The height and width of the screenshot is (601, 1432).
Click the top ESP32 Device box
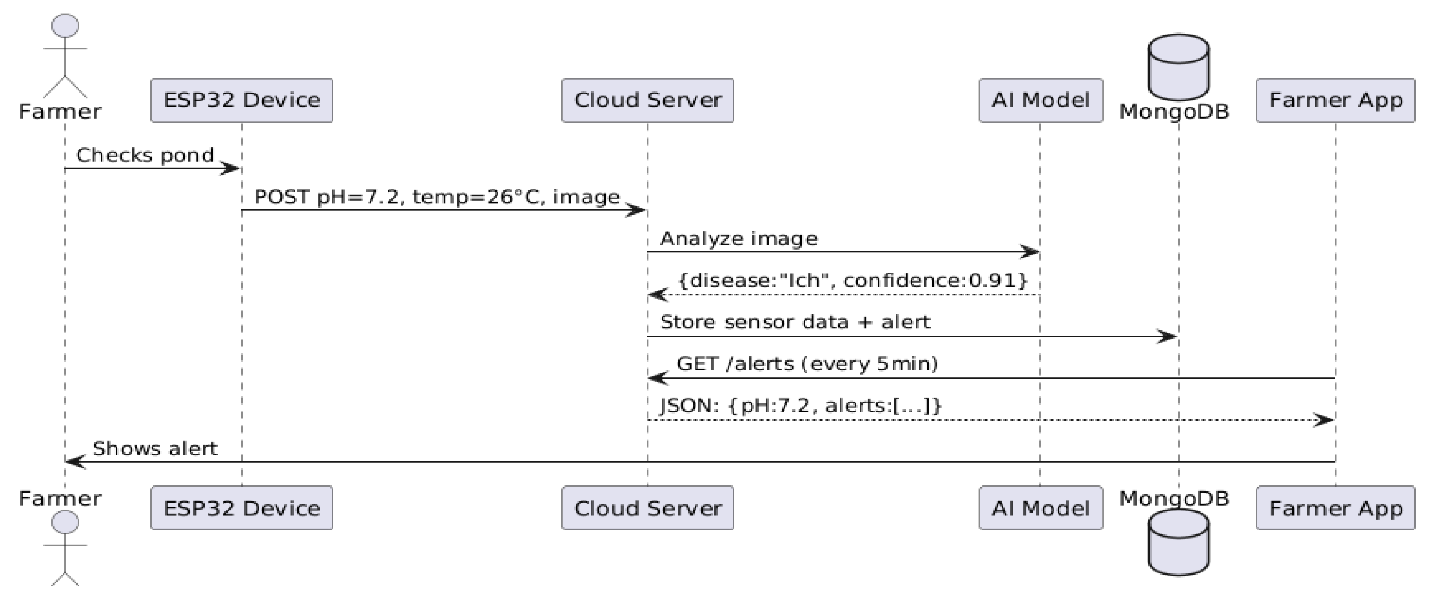coord(241,100)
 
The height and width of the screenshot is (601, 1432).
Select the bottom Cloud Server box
coord(647,508)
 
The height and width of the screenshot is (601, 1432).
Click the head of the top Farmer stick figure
coord(65,26)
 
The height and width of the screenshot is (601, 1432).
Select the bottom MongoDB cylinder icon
coord(1178,542)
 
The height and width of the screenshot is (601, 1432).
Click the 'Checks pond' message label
coord(145,155)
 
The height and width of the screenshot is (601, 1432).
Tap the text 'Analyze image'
coord(738,239)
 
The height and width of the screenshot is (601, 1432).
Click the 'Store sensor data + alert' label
coord(794,322)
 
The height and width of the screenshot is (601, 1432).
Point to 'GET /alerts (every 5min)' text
coord(807,364)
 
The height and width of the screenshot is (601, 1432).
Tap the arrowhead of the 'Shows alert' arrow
coord(75,462)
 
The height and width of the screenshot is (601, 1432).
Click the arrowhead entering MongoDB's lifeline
coord(1167,336)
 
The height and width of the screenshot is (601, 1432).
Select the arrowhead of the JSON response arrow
coord(1324,420)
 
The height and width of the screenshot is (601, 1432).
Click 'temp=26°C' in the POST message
coord(476,197)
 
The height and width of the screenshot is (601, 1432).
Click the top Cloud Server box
coord(647,100)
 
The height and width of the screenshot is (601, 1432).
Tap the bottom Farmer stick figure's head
coord(65,522)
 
